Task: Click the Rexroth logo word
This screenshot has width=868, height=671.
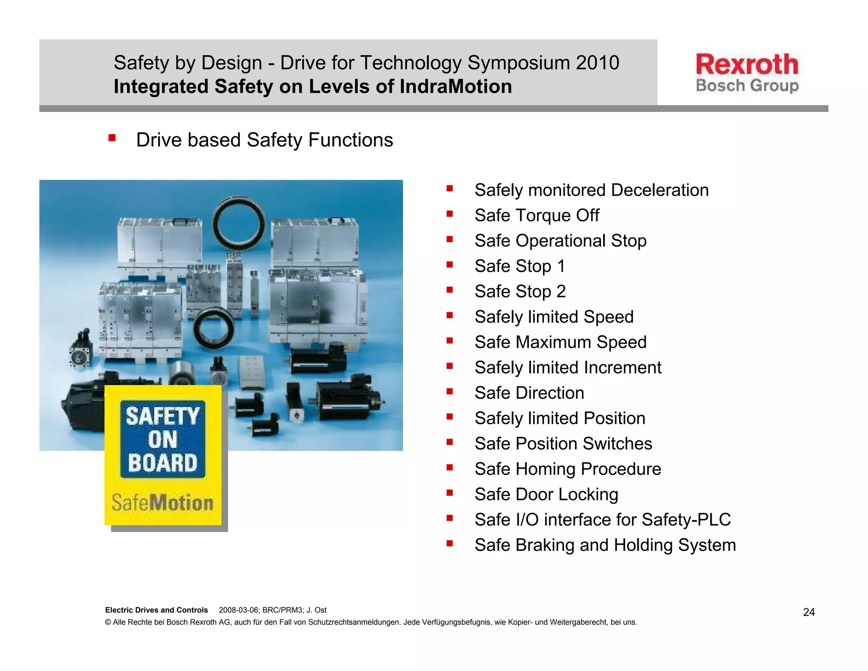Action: pos(747,64)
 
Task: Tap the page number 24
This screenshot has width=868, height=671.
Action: pos(809,612)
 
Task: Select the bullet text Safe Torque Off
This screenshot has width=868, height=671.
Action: pos(537,215)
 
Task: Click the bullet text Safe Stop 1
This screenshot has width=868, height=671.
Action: pos(520,266)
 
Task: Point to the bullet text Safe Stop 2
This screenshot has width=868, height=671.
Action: pos(520,292)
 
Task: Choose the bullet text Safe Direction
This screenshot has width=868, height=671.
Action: pos(529,393)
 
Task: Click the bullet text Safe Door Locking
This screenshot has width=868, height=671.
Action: pos(546,495)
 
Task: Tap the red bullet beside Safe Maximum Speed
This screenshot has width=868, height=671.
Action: pos(450,341)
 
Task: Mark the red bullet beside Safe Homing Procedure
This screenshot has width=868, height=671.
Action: pos(450,467)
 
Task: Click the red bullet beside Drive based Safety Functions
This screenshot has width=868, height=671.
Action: pos(112,138)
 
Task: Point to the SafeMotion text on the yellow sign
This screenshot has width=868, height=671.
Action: pos(162,503)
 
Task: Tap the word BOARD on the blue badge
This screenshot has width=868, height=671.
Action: pos(163,463)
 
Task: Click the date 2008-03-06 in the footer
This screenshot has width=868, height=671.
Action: pos(238,610)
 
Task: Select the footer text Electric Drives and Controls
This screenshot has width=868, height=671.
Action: pos(156,610)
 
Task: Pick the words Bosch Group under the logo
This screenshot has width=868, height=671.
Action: pos(747,86)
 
